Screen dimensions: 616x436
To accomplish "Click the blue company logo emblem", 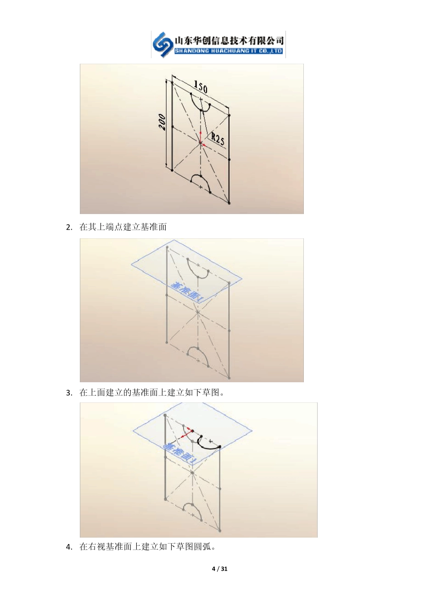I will pos(163,44).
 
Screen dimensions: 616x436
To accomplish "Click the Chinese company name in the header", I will pos(229,40).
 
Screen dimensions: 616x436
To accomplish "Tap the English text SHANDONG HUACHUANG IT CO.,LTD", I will pos(229,51).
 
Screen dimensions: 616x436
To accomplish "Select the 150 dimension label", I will pos(201,87).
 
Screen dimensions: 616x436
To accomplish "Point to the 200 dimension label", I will pos(162,122).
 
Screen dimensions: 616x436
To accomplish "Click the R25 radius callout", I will pos(218,139).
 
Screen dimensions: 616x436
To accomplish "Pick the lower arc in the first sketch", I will pos(201,181).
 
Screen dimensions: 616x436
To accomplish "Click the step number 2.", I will pos(69,227).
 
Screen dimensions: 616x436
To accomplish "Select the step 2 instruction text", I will pos(123,227).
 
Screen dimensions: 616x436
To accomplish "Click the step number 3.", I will pos(69,393).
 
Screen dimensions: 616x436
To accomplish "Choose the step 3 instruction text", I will pos(151,393).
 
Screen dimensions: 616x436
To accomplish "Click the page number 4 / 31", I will pos(219,569).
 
